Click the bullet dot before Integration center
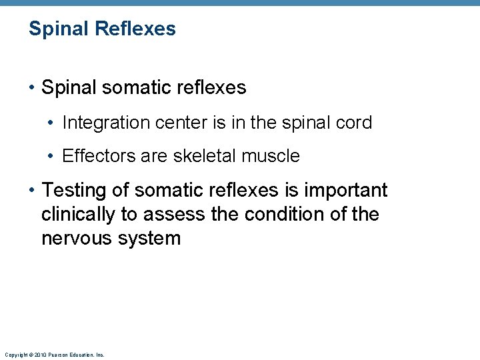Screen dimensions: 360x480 pos(51,123)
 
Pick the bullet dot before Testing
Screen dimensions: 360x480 pos(31,191)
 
